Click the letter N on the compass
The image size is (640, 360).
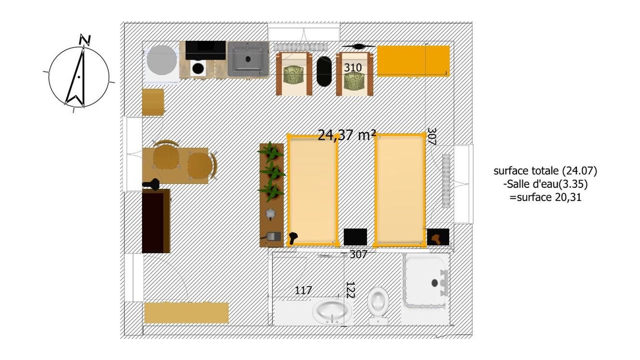coord(85,40)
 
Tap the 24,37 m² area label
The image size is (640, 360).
coord(346,135)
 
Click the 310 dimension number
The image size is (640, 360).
coord(353,67)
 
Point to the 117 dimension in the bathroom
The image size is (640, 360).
coord(303,290)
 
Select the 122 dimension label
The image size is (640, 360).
coord(350,290)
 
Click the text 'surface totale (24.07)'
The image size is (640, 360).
coord(545,171)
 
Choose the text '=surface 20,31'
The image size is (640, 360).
coord(545,197)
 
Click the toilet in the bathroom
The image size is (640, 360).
coord(378,305)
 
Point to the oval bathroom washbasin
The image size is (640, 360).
coord(332,311)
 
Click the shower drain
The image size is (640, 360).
coord(434,283)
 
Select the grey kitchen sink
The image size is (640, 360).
coord(248,59)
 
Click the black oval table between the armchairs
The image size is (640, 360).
coord(324,71)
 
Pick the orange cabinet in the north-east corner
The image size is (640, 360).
coord(413,61)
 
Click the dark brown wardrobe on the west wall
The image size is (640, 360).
coord(156,221)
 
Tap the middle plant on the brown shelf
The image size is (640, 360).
coord(273,172)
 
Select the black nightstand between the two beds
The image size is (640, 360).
coord(355,237)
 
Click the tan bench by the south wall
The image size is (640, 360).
coord(186,313)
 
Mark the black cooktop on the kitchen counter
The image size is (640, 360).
coord(205,50)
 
